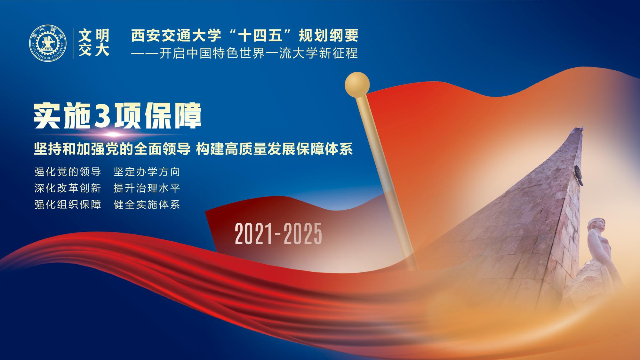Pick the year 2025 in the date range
(x=303, y=234)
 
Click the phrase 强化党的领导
(x=68, y=172)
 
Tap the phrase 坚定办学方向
(x=147, y=172)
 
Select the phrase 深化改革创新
(x=68, y=188)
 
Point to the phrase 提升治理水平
(x=147, y=188)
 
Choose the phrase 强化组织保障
(x=68, y=204)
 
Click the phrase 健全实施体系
(x=147, y=204)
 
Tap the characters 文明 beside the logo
(x=94, y=36)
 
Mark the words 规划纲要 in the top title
(x=328, y=36)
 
